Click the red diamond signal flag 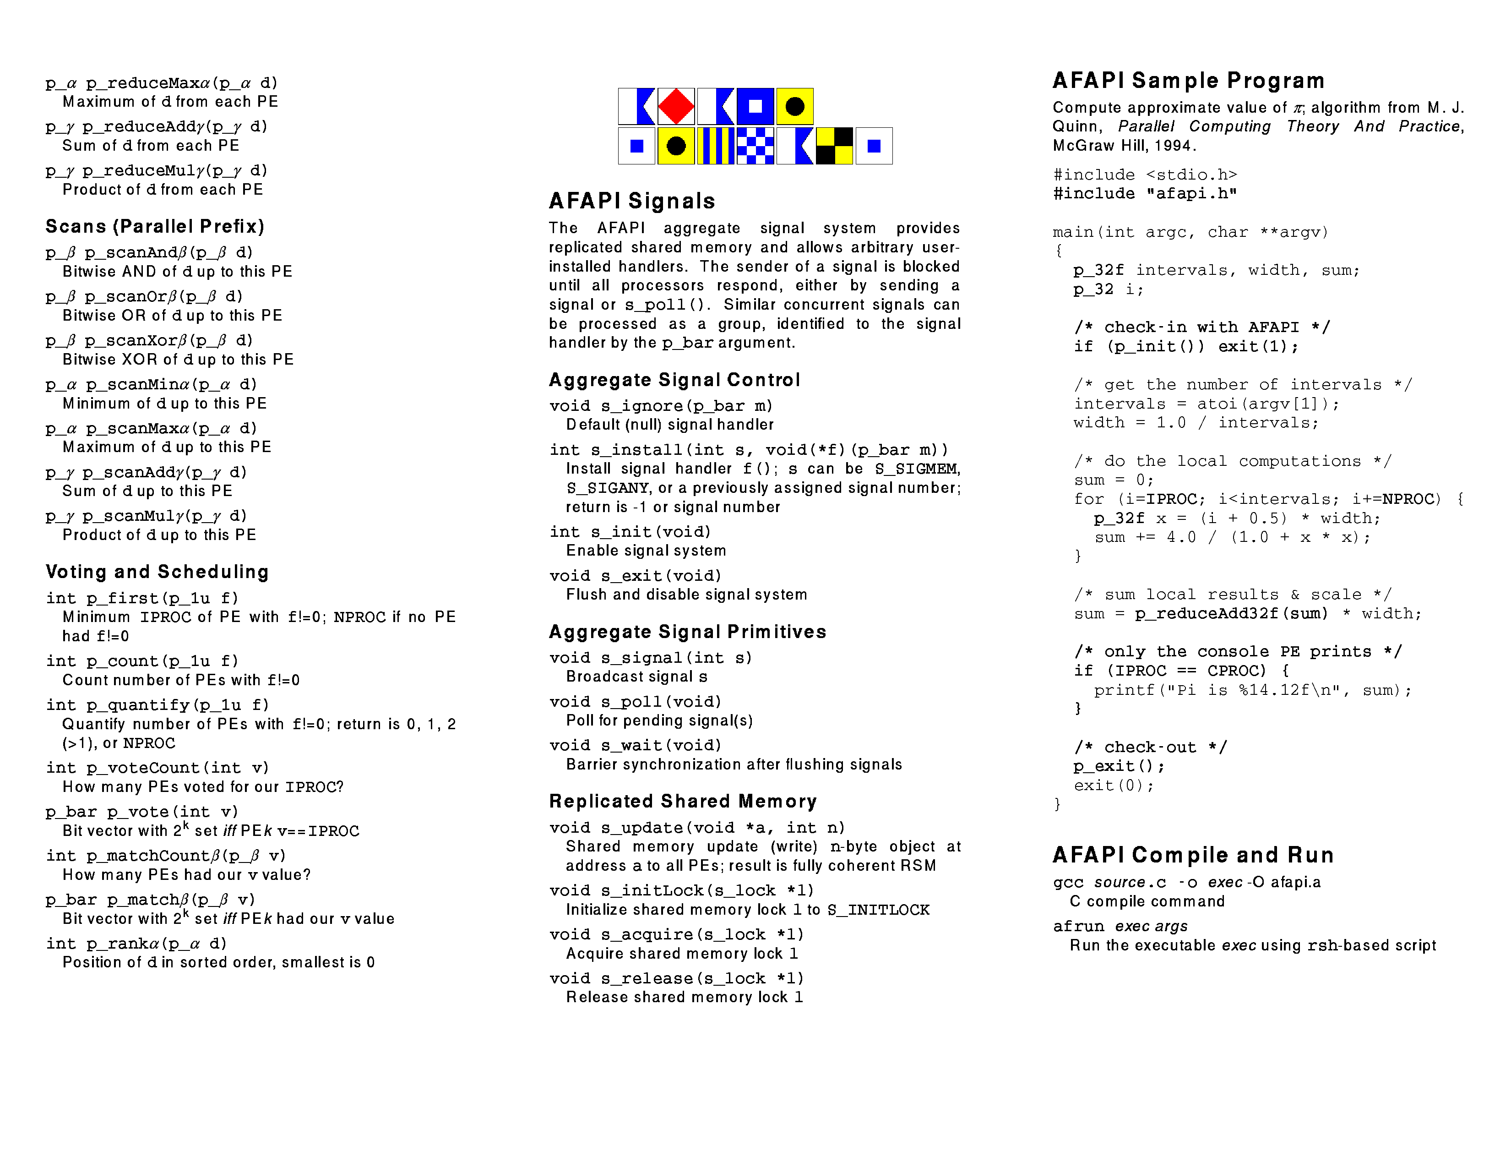point(675,107)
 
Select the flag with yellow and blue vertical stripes point(715,146)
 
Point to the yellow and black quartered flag point(834,146)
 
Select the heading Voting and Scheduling point(157,572)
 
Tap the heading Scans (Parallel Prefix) point(155,226)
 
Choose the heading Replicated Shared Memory point(683,801)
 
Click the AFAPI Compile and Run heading point(1193,855)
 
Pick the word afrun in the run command point(1079,927)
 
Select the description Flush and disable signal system point(686,595)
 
